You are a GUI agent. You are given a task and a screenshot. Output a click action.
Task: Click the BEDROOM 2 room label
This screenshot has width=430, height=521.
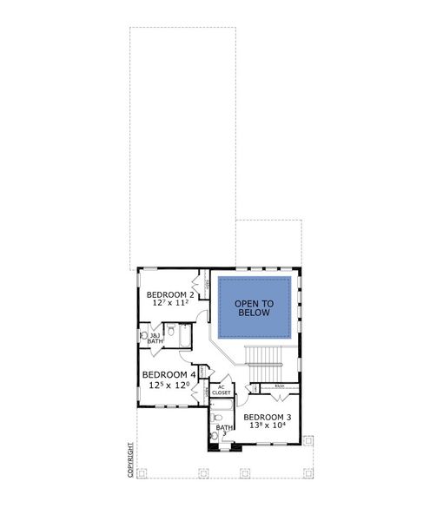[x=169, y=293]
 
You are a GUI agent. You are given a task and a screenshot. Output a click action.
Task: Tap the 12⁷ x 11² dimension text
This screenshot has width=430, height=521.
[x=169, y=304]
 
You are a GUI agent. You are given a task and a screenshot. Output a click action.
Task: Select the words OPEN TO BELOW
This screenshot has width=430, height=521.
[x=254, y=309]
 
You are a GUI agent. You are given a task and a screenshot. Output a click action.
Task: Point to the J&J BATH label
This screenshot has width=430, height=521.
[x=155, y=339]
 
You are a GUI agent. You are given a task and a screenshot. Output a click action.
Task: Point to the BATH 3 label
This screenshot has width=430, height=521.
[x=223, y=431]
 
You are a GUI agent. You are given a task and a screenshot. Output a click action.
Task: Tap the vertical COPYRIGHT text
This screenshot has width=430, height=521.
[x=130, y=460]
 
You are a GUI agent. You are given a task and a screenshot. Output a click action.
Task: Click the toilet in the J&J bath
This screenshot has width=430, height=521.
[x=144, y=334]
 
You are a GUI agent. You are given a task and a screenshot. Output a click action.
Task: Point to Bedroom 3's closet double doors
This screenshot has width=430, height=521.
[x=280, y=395]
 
